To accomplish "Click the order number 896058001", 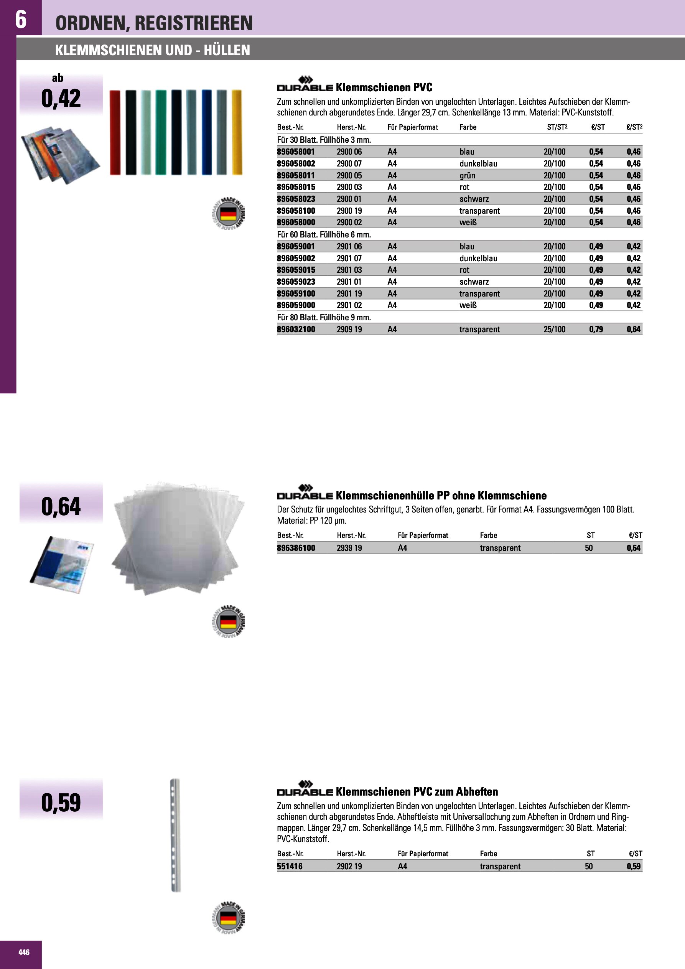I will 296,152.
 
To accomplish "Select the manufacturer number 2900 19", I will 349,211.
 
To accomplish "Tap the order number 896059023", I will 296,282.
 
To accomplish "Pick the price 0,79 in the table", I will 596,329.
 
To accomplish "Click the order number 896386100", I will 296,548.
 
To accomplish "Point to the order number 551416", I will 290,866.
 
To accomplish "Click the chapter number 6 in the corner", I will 21,19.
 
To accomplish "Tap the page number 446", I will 24,952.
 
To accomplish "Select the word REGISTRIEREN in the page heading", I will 194,23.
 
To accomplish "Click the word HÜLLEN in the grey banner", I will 227,50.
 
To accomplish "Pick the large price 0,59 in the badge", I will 61,802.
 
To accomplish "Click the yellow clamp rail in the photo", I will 237,132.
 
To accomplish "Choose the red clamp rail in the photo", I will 115,132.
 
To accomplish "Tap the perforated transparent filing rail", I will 175,835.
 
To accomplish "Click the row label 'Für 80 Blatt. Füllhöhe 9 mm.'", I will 324,317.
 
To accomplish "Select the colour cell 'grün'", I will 467,176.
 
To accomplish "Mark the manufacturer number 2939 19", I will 349,548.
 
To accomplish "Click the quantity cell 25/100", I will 554,329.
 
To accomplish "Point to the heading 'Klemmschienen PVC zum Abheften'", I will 417,791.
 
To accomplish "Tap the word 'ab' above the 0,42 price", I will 58,78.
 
